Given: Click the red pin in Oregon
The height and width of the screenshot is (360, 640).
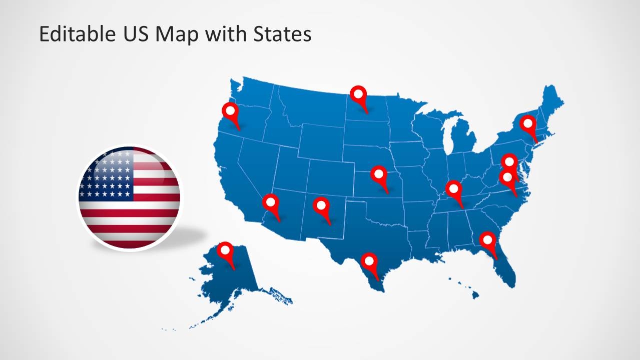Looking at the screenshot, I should pyautogui.click(x=230, y=111).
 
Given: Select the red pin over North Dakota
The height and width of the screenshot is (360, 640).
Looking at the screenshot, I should pyautogui.click(x=358, y=94).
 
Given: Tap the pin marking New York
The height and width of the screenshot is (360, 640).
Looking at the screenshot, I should pyautogui.click(x=527, y=123).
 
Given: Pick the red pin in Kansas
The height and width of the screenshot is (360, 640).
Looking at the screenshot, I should pyautogui.click(x=379, y=175).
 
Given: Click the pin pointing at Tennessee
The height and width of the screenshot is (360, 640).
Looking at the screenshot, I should pyautogui.click(x=454, y=189).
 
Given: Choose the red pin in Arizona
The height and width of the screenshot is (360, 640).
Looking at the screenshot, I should pyautogui.click(x=271, y=203).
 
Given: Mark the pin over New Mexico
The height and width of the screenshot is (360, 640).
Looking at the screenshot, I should pyautogui.click(x=321, y=205).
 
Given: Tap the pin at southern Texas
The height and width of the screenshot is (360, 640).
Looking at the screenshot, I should pyautogui.click(x=369, y=261).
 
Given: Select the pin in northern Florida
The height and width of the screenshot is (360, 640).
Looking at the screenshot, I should pyautogui.click(x=487, y=240).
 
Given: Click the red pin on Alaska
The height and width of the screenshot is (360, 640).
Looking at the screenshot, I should pyautogui.click(x=226, y=250).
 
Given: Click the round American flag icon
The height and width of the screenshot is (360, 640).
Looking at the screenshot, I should pyautogui.click(x=129, y=197).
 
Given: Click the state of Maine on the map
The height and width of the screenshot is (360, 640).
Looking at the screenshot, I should pyautogui.click(x=550, y=102).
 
